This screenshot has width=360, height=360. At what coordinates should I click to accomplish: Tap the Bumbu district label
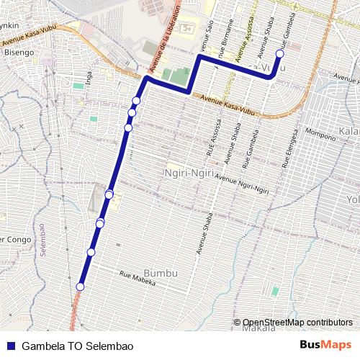pyautogui.click(x=160, y=274)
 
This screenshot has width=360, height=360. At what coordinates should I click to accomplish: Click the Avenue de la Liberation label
pyautogui.click(x=166, y=40)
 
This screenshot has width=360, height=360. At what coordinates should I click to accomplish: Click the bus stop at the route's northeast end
pyautogui.click(x=280, y=54)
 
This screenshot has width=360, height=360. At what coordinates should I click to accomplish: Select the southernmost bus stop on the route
pyautogui.click(x=80, y=287)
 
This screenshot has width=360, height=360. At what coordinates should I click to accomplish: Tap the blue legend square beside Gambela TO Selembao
pyautogui.click(x=10, y=346)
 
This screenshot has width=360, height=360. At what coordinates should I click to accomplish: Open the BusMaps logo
pyautogui.click(x=325, y=345)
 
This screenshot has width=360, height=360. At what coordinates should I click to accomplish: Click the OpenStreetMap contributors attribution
pyautogui.click(x=297, y=322)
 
